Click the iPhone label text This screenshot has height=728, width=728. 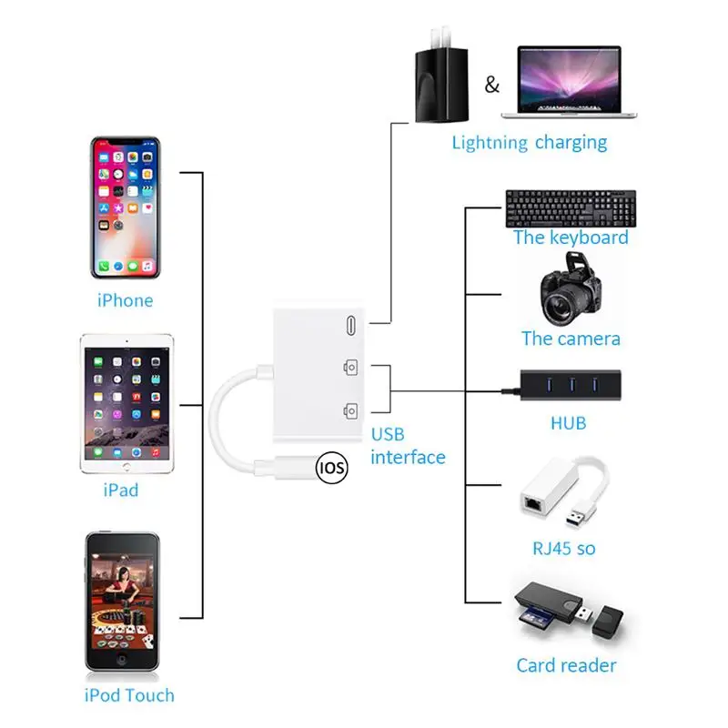125,300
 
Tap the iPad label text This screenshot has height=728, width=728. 121,490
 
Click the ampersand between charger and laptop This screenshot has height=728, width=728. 491,86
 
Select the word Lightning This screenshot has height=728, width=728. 490,143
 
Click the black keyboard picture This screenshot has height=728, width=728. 571,208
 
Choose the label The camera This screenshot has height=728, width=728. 571,339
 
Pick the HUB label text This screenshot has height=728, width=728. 568,423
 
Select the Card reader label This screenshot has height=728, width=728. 566,665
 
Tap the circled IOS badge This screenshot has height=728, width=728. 331,468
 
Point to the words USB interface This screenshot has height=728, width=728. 408,446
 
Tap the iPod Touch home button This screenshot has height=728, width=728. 122,662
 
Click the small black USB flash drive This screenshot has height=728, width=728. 606,622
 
